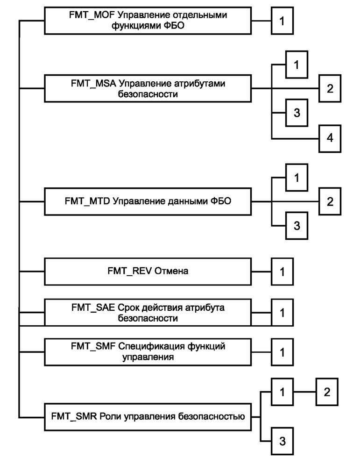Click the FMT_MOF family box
(x=147, y=21)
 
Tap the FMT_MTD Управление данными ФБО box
(x=147, y=201)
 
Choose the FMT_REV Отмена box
(x=147, y=271)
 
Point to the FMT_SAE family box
(x=147, y=313)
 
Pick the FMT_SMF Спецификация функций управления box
(x=147, y=351)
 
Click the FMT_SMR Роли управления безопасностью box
(x=147, y=415)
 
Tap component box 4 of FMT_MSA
(x=330, y=138)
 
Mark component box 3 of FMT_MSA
(x=296, y=113)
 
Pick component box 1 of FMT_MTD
(x=296, y=178)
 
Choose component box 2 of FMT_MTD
(x=330, y=201)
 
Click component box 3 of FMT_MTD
(x=296, y=226)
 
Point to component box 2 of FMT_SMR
(x=327, y=392)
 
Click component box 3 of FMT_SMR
(x=282, y=440)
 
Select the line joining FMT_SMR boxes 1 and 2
(x=306, y=392)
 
